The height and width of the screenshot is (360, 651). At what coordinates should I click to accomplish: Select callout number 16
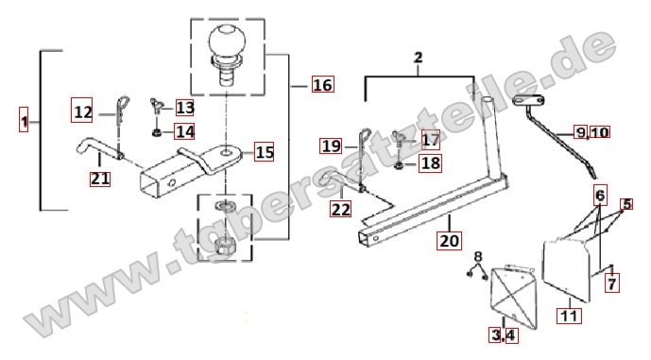tap(322, 85)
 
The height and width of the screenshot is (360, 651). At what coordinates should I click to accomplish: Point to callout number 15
tap(264, 152)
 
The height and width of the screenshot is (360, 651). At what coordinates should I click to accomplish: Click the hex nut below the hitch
tap(224, 248)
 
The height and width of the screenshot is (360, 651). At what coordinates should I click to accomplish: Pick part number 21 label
tap(100, 179)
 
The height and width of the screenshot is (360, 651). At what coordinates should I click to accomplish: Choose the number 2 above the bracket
tap(418, 58)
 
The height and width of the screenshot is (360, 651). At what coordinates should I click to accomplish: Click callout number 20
tap(449, 240)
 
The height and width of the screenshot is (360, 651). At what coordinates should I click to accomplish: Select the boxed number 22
tap(340, 209)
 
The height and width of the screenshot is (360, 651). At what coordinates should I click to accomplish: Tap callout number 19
tap(331, 146)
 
